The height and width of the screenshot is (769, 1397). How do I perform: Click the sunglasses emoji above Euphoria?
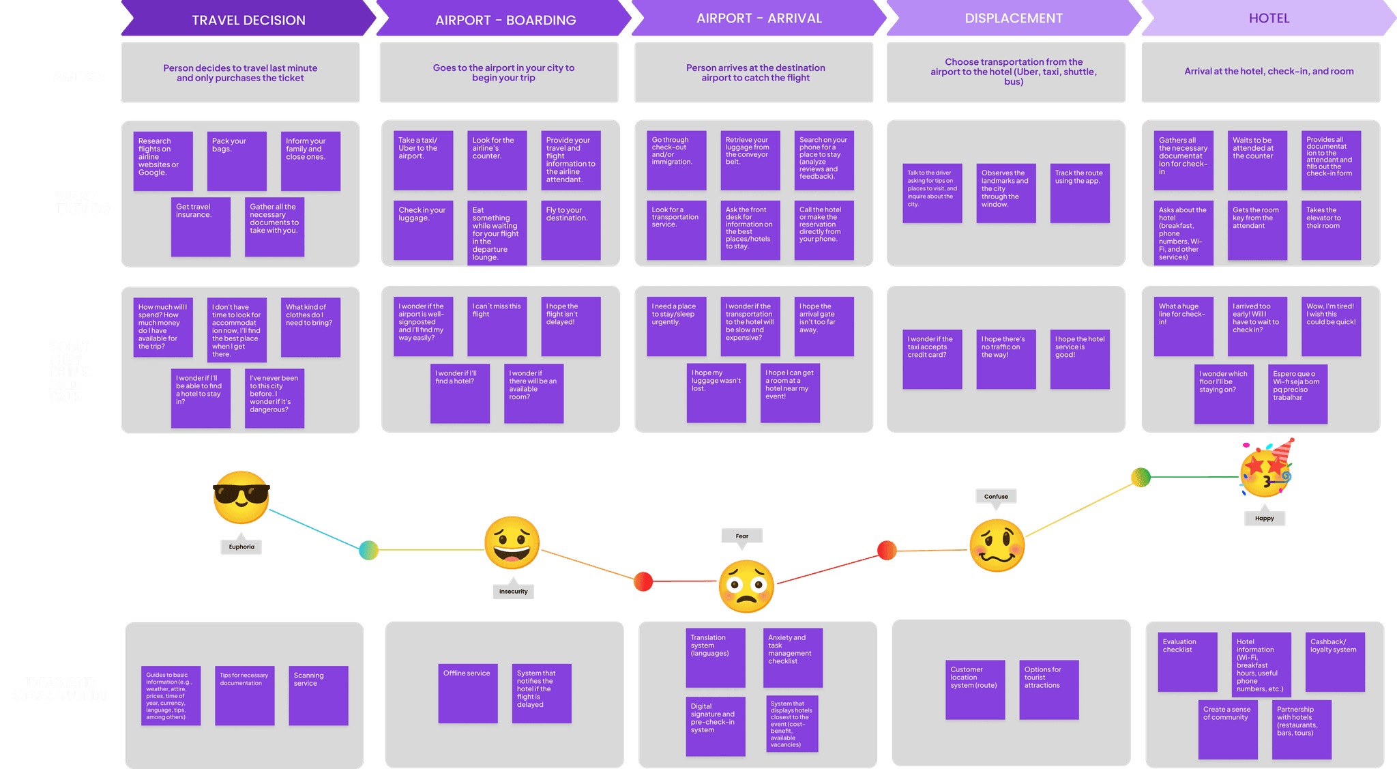(241, 497)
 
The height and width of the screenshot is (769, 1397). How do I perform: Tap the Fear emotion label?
(741, 536)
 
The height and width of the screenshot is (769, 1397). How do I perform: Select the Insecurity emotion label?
(513, 592)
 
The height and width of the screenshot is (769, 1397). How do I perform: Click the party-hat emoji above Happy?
(1266, 471)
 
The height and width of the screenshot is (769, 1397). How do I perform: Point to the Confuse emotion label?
(996, 497)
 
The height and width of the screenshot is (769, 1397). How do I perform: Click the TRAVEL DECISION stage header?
(248, 20)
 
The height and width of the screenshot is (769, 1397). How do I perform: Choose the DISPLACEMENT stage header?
(1013, 18)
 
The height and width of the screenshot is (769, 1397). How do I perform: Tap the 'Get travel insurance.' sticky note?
(201, 227)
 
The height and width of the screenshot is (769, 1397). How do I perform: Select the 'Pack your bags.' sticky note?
(237, 160)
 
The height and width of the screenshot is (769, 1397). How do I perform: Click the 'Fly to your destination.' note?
(570, 230)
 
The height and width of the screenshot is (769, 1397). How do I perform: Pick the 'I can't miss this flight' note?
(497, 326)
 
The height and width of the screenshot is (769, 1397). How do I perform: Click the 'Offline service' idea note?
(467, 693)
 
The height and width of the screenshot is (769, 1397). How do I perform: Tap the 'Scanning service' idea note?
(318, 695)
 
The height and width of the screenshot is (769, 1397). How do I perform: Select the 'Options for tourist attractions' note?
(1048, 689)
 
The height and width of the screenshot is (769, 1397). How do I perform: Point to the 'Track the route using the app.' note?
(1079, 193)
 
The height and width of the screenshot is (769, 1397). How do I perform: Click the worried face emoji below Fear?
(746, 586)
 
